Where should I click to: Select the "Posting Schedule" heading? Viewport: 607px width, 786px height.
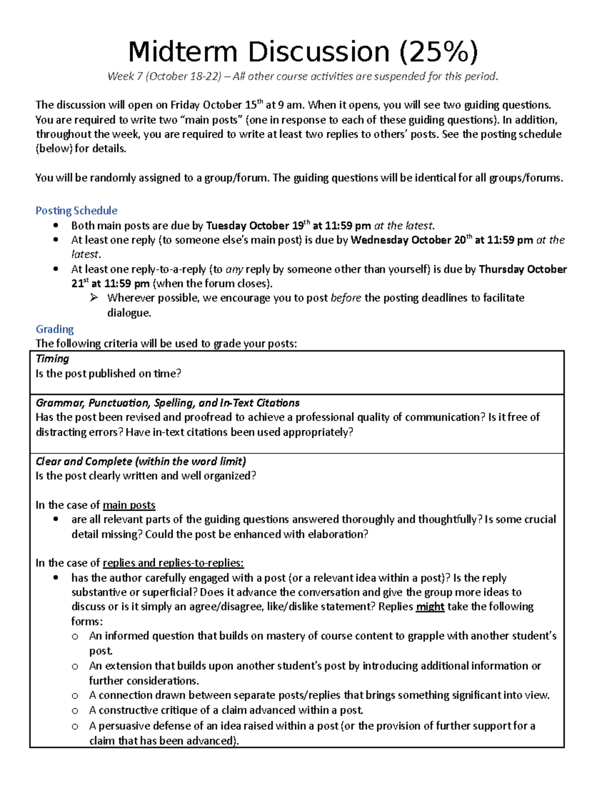point(76,211)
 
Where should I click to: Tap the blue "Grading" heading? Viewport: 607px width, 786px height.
point(55,329)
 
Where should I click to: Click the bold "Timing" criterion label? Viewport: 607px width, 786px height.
point(52,359)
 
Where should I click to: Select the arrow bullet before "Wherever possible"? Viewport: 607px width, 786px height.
point(94,298)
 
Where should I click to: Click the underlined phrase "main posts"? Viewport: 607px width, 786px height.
point(129,505)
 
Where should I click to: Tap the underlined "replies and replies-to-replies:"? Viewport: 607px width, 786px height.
point(173,563)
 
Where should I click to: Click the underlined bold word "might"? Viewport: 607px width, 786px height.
point(430,607)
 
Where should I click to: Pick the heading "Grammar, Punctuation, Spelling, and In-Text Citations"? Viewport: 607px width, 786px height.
point(167,403)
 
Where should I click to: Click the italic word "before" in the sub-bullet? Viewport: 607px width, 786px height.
point(346,298)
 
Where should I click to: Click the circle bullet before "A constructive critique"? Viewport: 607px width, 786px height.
point(75,711)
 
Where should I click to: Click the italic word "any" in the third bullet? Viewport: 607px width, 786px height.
point(234,269)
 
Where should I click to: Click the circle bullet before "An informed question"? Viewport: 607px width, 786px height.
point(75,637)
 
